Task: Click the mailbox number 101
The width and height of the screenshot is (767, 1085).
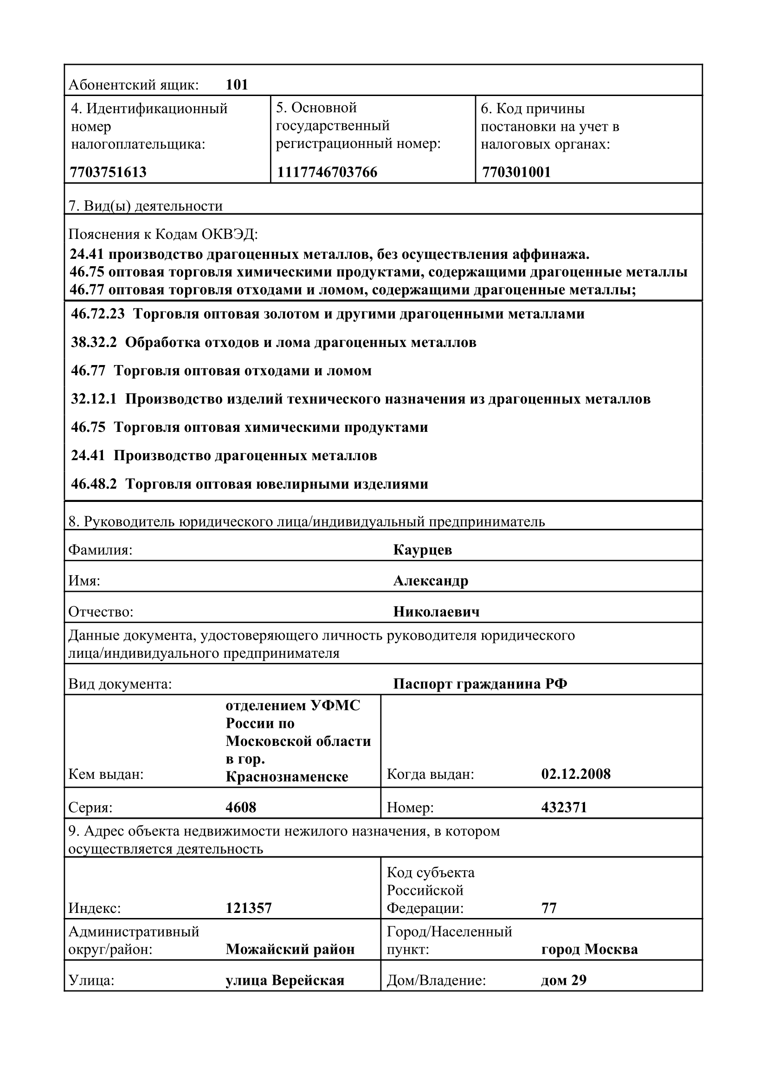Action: click(x=237, y=84)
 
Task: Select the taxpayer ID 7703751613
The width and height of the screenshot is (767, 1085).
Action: click(x=108, y=172)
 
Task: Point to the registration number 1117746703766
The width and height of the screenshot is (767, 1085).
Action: click(x=327, y=172)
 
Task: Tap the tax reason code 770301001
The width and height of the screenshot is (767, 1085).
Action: click(x=516, y=172)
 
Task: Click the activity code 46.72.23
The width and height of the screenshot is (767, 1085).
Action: click(x=98, y=314)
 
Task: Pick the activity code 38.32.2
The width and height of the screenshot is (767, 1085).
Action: click(x=94, y=343)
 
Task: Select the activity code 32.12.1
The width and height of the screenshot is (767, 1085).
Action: click(x=94, y=399)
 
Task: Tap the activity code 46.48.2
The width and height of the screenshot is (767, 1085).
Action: click(x=94, y=484)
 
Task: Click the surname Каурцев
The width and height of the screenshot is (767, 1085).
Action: click(x=423, y=550)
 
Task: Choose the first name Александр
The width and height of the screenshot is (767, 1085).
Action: click(x=431, y=581)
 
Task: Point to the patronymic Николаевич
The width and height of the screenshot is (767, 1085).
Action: click(x=436, y=612)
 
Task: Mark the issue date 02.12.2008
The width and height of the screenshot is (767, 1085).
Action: click(x=576, y=774)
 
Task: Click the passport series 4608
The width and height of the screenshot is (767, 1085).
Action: click(x=241, y=807)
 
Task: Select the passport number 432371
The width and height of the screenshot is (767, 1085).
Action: click(x=564, y=807)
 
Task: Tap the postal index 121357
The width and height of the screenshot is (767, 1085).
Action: click(x=249, y=908)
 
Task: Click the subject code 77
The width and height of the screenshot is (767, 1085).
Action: click(x=548, y=908)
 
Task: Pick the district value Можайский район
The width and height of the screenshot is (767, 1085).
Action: click(x=290, y=950)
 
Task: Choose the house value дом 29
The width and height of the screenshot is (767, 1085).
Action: click(x=563, y=981)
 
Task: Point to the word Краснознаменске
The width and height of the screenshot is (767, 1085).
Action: click(x=287, y=777)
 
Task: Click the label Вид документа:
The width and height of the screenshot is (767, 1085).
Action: click(x=120, y=684)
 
